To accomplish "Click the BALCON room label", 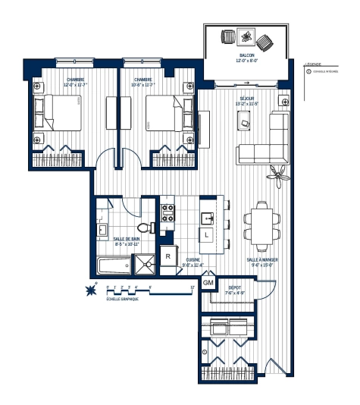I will [x=247, y=56].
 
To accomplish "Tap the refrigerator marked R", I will [x=168, y=256].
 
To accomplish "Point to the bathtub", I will [x=111, y=265].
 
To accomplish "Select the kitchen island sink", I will [x=205, y=218].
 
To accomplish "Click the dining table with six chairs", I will [x=259, y=224].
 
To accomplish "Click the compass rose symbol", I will [x=93, y=289].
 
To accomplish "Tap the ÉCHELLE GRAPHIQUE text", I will [x=122, y=300].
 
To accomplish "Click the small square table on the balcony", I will [x=246, y=37].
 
